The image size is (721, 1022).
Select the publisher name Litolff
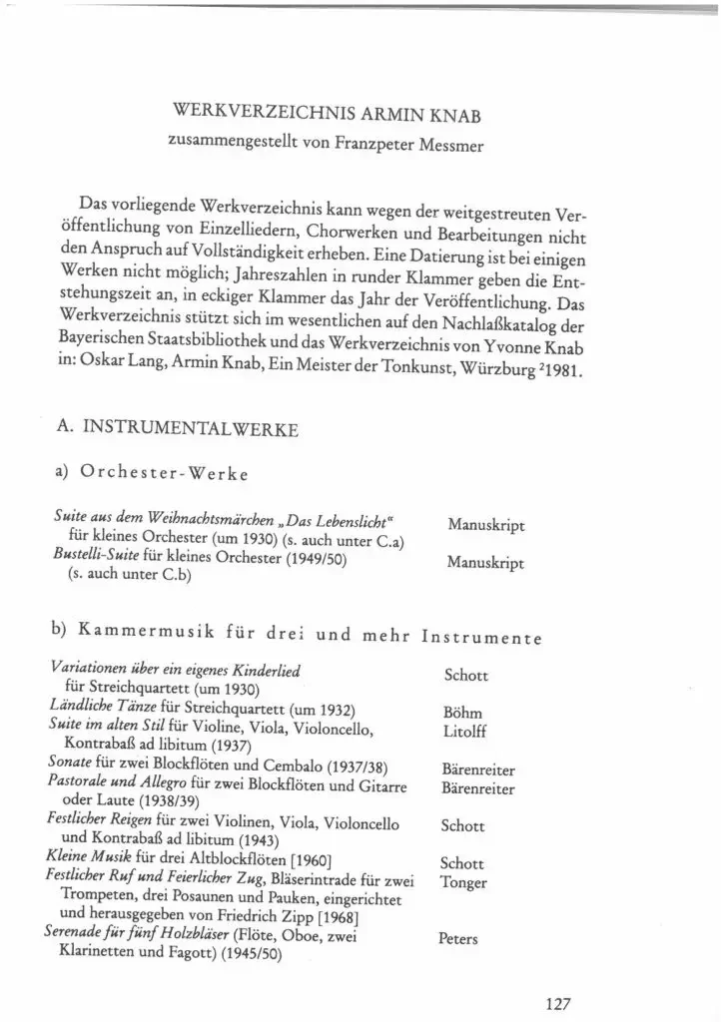463,731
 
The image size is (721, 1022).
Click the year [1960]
302,859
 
